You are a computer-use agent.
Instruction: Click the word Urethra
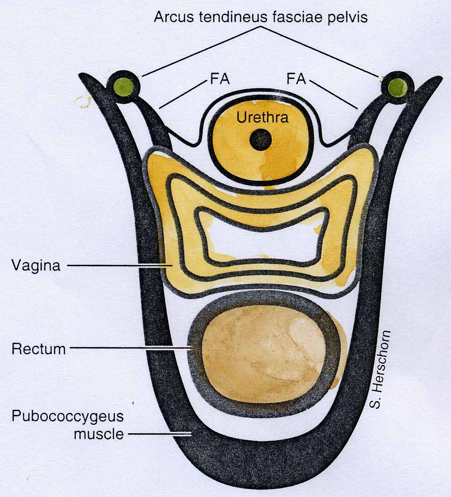point(262,118)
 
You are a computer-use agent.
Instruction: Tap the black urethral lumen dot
point(260,139)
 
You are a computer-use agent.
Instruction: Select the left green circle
point(123,86)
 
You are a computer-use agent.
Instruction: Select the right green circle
point(398,86)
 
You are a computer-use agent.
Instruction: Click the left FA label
point(220,79)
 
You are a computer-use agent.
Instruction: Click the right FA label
point(296,79)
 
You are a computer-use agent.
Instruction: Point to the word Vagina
point(36,266)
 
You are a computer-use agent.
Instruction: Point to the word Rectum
point(39,349)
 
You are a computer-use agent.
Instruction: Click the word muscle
point(99,434)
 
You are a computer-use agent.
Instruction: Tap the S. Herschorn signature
point(380,370)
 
